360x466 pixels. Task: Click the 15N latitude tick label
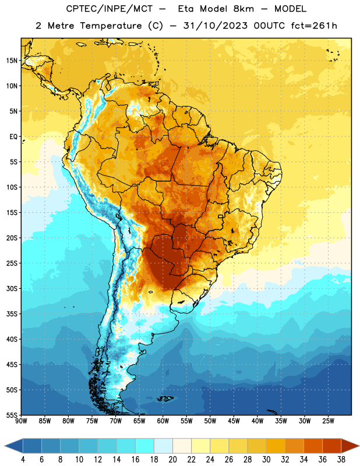click(x=12, y=61)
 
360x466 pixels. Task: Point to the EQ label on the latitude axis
click(x=13, y=137)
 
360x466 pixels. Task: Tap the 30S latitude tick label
click(x=12, y=288)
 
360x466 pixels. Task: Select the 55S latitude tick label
click(x=12, y=415)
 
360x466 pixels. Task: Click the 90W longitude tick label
click(x=22, y=421)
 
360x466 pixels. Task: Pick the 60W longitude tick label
click(x=163, y=421)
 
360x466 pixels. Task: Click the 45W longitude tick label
click(x=234, y=421)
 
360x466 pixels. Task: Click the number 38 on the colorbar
click(x=341, y=460)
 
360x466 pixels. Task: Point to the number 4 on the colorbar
click(x=23, y=460)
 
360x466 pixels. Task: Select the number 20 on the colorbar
click(x=172, y=460)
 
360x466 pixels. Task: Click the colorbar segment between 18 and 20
click(x=163, y=446)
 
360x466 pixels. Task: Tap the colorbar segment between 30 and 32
click(x=276, y=446)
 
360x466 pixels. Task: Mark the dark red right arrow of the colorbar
click(x=350, y=446)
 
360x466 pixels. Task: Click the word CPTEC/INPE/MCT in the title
click(x=110, y=9)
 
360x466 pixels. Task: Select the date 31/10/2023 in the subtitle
click(x=215, y=26)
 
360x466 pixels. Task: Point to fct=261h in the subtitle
click(x=314, y=26)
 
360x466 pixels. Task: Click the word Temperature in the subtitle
click(x=111, y=26)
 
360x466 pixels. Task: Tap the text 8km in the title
click(x=243, y=9)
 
